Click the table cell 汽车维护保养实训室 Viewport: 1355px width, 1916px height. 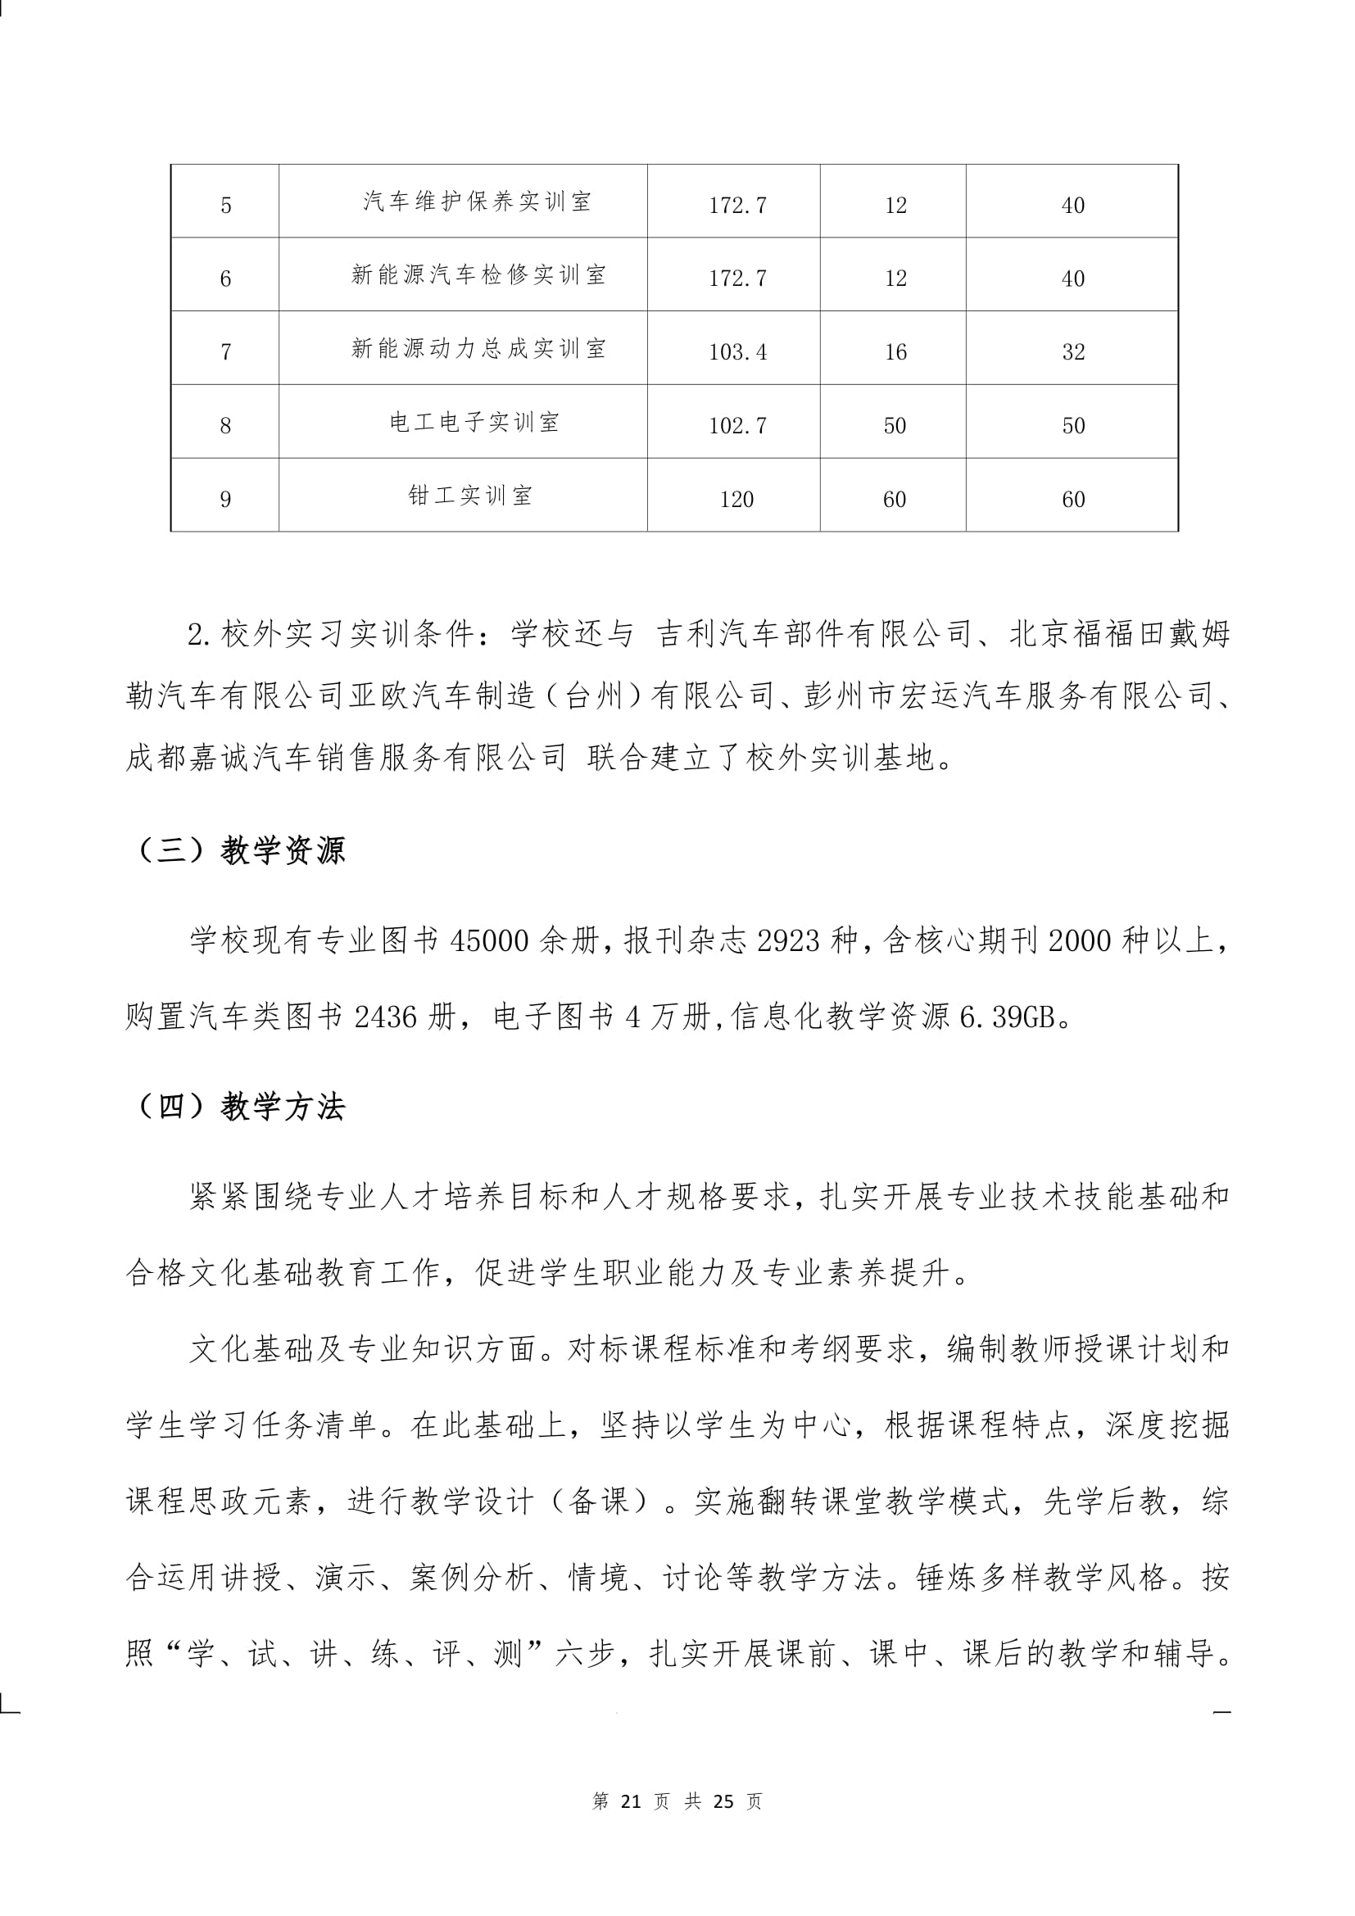click(477, 202)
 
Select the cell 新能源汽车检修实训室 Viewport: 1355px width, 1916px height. click(478, 275)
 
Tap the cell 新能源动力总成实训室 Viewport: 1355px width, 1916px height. click(478, 349)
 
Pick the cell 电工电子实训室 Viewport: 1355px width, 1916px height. click(474, 422)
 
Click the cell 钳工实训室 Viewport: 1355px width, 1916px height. click(469, 496)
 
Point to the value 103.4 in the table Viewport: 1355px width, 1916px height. click(737, 352)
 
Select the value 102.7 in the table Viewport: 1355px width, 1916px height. click(737, 426)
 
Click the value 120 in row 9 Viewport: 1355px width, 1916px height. click(736, 499)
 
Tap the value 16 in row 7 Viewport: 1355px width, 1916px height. click(895, 352)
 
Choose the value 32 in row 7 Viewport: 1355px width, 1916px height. click(1073, 352)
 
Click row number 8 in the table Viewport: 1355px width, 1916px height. click(225, 426)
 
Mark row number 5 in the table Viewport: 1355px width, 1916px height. click(225, 206)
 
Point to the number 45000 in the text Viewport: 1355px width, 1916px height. click(490, 941)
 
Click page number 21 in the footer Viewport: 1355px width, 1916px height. click(631, 1801)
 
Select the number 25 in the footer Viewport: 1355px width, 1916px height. click(723, 1801)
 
